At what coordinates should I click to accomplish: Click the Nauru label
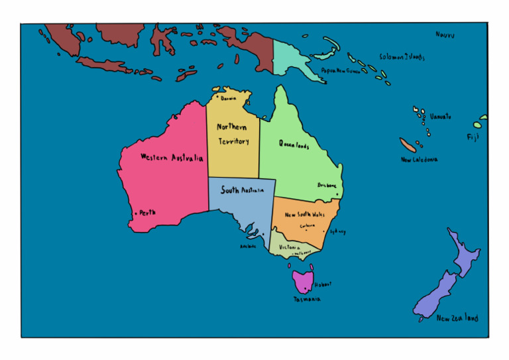point(445,34)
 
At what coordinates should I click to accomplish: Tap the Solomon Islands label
point(402,57)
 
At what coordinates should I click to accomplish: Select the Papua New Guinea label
point(341,70)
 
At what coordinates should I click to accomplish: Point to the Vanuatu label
point(440,117)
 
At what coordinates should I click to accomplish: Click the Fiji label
point(473,137)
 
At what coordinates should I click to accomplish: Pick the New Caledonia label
point(419,160)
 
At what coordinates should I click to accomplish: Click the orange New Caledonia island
point(408,145)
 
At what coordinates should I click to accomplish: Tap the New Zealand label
point(457,318)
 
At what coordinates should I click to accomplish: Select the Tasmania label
point(308,300)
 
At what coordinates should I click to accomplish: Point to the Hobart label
point(323,284)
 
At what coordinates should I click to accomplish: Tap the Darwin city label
point(229,98)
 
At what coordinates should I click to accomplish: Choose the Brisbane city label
point(327,186)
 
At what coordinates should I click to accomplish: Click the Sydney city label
point(338,232)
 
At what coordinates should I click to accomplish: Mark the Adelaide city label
point(248,247)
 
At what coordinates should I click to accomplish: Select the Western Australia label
point(172,158)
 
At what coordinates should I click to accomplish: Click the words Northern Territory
point(233,134)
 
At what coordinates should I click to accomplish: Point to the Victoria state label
point(289,247)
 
